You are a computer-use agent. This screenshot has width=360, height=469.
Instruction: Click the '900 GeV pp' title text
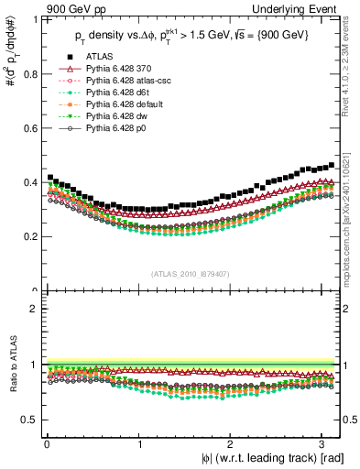pyautogui.click(x=71, y=9)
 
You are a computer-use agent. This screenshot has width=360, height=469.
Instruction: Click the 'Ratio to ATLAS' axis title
pyautogui.click(x=10, y=365)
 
